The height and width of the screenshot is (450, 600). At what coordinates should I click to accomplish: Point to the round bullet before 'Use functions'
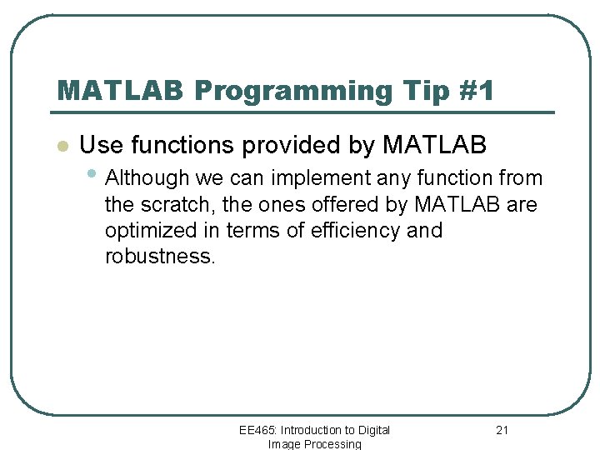pos(61,147)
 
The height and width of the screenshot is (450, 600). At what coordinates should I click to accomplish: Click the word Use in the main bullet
pos(99,145)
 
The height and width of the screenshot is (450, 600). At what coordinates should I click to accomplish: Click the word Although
pos(147,178)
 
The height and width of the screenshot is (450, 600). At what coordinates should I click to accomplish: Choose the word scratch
pos(177,204)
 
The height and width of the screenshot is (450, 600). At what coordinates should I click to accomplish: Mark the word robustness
pos(159,256)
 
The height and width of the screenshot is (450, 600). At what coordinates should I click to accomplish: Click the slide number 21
pos(502,430)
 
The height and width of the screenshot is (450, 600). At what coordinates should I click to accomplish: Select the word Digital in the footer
pos(373,430)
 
